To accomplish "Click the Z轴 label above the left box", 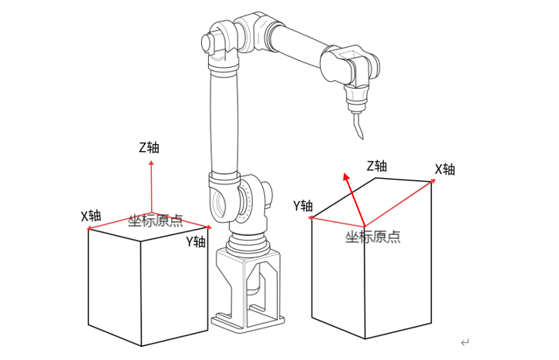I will click(150, 147).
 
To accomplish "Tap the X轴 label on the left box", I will click(91, 215).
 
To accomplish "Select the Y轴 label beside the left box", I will click(196, 241).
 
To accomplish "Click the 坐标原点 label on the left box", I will click(156, 221).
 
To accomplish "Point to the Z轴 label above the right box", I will click(377, 166).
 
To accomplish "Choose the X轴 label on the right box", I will click(445, 170).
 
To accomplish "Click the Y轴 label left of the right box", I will click(303, 205).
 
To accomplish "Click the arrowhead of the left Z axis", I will click(151, 163).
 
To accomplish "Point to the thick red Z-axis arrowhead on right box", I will click(346, 178).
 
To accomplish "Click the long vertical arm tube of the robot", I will click(224, 123).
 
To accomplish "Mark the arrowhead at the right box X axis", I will click(433, 182).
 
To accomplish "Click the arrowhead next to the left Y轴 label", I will click(208, 227).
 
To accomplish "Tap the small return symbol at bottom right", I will click(464, 342).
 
